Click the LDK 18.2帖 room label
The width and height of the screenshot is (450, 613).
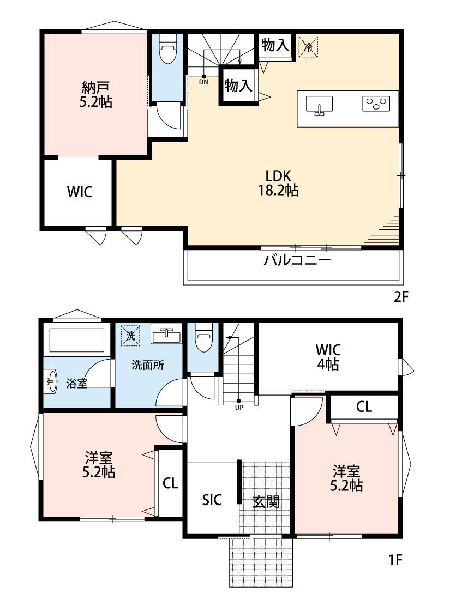pyautogui.click(x=278, y=183)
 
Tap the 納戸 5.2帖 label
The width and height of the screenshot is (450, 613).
pyautogui.click(x=96, y=94)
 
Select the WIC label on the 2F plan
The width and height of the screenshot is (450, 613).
pyautogui.click(x=80, y=192)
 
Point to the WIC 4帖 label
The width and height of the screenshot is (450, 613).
pyautogui.click(x=328, y=356)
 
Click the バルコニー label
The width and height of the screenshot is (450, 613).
pyautogui.click(x=297, y=260)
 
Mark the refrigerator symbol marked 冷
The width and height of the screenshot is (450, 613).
pyautogui.click(x=308, y=47)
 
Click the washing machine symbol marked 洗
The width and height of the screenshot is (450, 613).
pyautogui.click(x=131, y=336)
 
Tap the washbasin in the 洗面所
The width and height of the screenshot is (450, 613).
pyautogui.click(x=166, y=334)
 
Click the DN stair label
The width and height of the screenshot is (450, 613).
pyautogui.click(x=203, y=82)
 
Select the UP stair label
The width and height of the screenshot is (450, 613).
pyautogui.click(x=239, y=407)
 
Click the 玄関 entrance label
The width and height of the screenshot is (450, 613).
pyautogui.click(x=266, y=502)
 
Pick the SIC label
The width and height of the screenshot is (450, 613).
pyautogui.click(x=212, y=500)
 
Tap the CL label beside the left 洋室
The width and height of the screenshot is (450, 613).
pyautogui.click(x=170, y=483)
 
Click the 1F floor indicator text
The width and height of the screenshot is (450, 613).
pyautogui.click(x=395, y=560)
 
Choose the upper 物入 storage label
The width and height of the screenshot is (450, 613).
pyautogui.click(x=275, y=45)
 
